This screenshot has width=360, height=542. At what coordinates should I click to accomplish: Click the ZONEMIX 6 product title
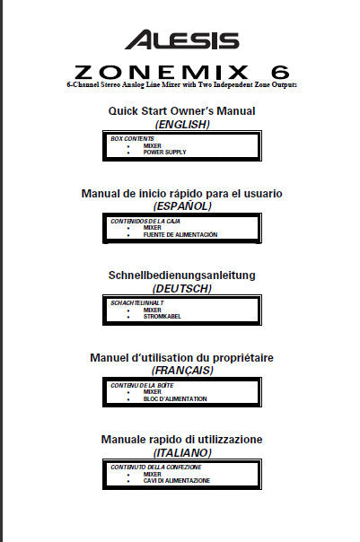(181, 71)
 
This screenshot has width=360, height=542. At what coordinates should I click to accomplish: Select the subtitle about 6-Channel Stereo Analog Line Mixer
(181, 84)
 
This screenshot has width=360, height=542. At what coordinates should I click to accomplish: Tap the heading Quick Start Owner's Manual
(181, 110)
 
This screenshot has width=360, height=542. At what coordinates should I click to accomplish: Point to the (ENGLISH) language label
(182, 124)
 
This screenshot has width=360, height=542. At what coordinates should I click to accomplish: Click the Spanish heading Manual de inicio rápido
(181, 192)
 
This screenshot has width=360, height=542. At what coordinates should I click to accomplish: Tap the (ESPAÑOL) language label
(181, 205)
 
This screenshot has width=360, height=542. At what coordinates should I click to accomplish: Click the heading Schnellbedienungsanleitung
(181, 275)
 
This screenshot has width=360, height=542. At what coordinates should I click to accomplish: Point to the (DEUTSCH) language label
(181, 288)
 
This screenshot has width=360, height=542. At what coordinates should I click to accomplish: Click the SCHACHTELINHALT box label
(137, 303)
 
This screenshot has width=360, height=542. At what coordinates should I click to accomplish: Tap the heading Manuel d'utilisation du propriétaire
(181, 357)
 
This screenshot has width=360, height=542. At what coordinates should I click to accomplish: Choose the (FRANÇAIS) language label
(181, 370)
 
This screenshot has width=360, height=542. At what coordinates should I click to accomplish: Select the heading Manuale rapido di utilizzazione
(181, 439)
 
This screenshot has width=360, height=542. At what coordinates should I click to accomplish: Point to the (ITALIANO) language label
(181, 452)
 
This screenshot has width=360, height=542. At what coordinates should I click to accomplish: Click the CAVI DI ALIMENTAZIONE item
(176, 481)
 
